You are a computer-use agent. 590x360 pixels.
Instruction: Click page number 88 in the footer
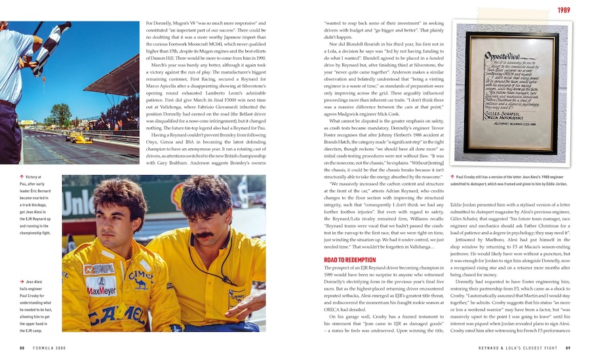pyautogui.click(x=22, y=348)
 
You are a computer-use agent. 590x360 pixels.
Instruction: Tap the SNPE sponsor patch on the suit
pyautogui.click(x=99, y=268)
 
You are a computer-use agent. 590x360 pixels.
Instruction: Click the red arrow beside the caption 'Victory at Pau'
pyautogui.click(x=22, y=177)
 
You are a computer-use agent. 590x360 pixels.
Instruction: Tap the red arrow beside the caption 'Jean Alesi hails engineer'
pyautogui.click(x=22, y=281)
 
